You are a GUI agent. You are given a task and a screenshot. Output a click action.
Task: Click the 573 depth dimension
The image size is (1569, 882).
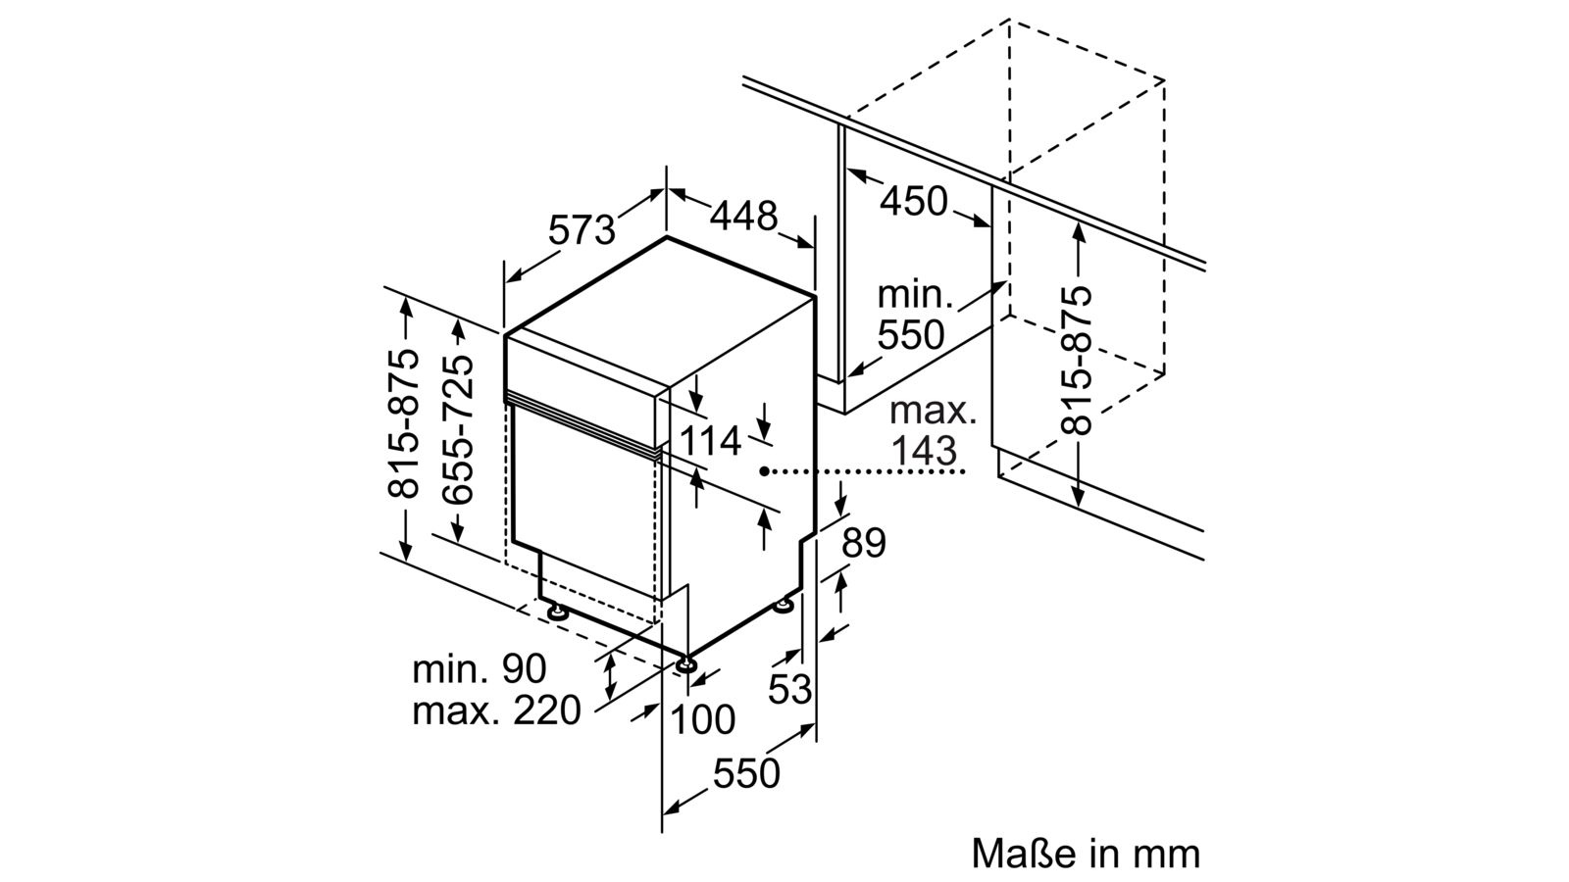pos(582,228)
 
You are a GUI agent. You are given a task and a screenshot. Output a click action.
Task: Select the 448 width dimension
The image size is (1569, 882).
pos(743,215)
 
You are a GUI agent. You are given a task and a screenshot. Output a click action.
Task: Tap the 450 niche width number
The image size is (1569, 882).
pos(914,201)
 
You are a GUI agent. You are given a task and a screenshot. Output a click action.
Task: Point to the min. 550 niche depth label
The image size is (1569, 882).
pos(911,315)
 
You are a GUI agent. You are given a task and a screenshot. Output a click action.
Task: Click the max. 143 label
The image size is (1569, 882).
pos(933,430)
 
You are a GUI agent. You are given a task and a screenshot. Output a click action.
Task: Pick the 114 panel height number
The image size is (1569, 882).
pos(711,441)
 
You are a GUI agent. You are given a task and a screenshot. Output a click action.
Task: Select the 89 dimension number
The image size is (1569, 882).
pos(863,542)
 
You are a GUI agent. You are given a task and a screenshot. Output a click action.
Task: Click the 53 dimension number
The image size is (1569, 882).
pos(790,689)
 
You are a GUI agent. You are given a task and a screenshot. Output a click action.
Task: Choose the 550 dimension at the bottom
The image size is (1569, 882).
pos(746,773)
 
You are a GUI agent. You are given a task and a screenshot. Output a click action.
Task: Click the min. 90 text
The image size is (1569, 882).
pos(479,668)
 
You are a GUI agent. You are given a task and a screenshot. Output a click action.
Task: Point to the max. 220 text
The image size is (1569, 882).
pos(496,710)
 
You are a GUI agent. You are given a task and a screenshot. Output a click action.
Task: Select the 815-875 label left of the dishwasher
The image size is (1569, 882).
pos(404,422)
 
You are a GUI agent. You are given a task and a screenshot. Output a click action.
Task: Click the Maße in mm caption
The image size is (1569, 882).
pos(1086,853)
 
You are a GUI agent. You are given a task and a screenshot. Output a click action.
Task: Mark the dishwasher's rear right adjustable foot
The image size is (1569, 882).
pos(784,607)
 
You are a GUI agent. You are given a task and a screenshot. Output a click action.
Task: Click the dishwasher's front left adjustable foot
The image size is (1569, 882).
pos(558,612)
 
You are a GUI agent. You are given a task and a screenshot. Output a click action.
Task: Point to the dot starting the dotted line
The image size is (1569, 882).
pos(763,471)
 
